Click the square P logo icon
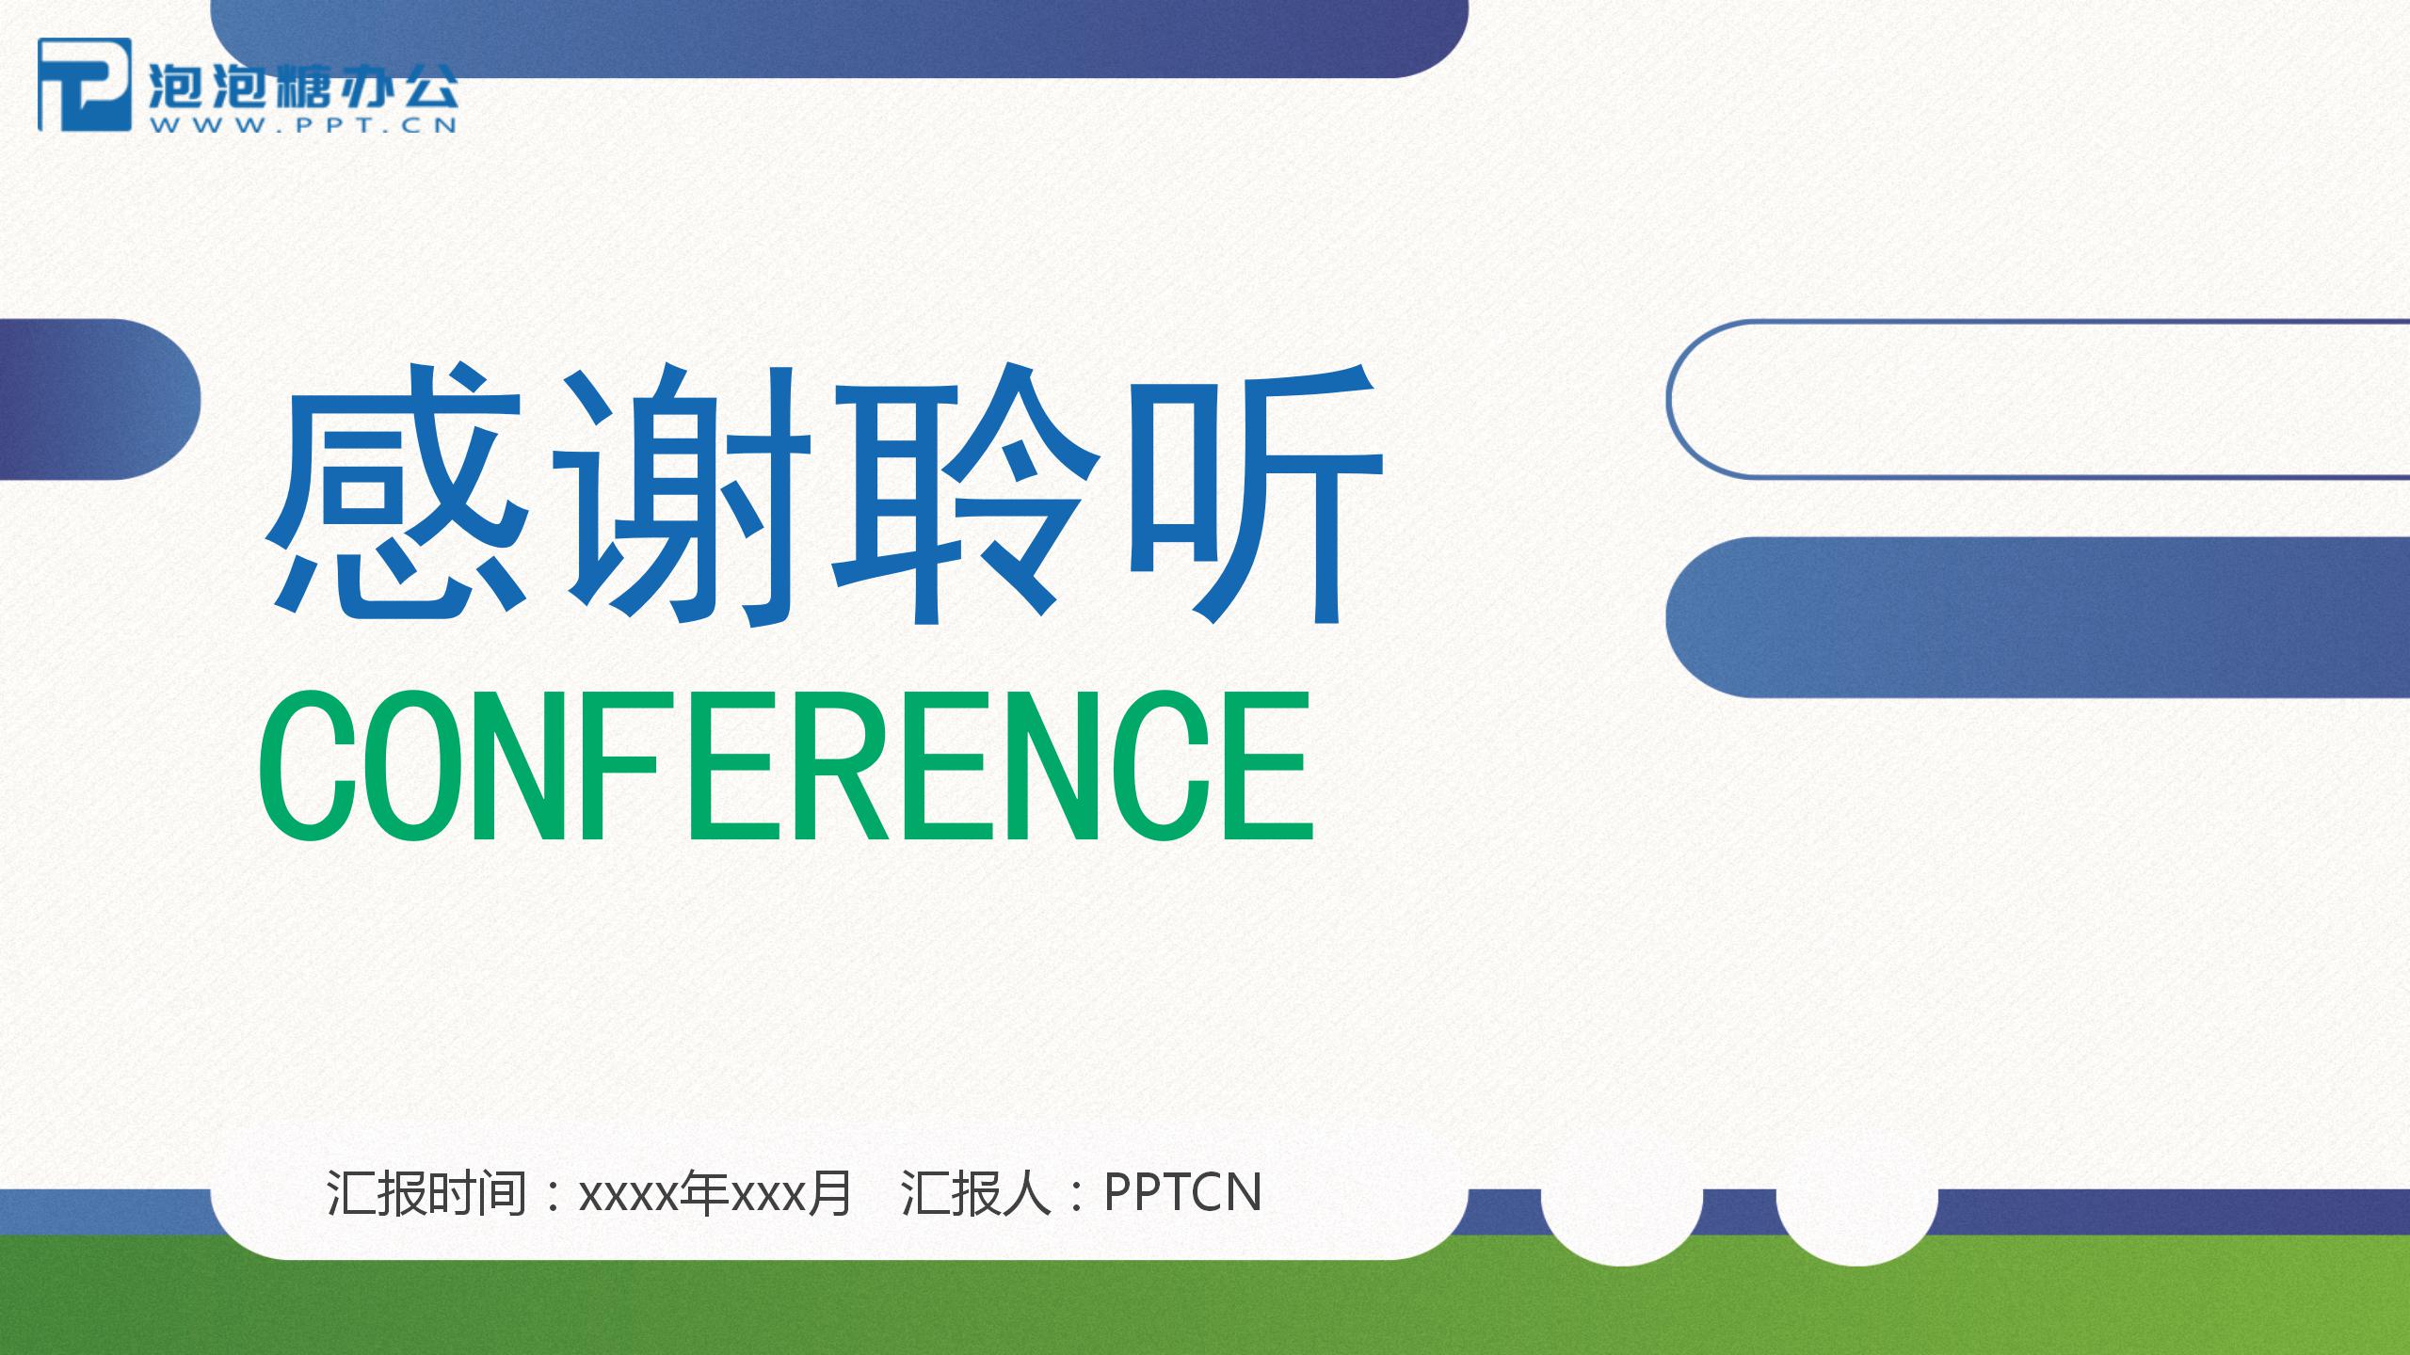(x=84, y=84)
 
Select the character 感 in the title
(x=396, y=495)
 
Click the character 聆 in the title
(x=966, y=495)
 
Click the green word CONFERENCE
(x=785, y=767)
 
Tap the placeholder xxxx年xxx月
(x=715, y=1193)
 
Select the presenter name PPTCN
(x=1181, y=1193)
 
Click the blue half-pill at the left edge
(x=94, y=399)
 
